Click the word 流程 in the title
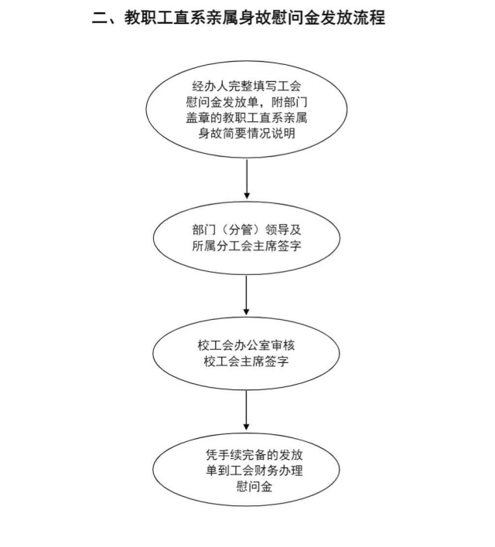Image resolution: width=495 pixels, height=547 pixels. [369, 17]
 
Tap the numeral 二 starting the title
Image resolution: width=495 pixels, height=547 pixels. [100, 18]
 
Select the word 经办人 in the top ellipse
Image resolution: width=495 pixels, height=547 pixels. [210, 87]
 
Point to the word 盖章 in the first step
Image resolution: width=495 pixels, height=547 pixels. [198, 117]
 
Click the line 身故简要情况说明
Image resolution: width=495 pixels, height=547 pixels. [247, 133]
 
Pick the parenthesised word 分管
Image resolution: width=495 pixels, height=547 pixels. [241, 229]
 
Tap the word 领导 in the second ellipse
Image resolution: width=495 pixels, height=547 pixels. [277, 229]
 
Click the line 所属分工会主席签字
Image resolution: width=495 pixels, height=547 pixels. [247, 246]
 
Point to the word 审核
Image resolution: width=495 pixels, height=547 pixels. [283, 345]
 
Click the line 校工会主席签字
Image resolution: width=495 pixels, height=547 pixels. [247, 361]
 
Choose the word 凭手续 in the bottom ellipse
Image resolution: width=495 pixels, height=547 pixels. [224, 455]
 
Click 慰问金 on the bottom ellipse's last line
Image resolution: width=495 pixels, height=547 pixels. [254, 486]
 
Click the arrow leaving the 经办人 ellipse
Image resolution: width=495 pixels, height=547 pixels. [247, 179]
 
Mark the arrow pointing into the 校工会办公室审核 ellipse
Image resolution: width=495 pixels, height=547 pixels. [246, 295]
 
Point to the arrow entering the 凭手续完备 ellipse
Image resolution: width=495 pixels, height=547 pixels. [246, 410]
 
